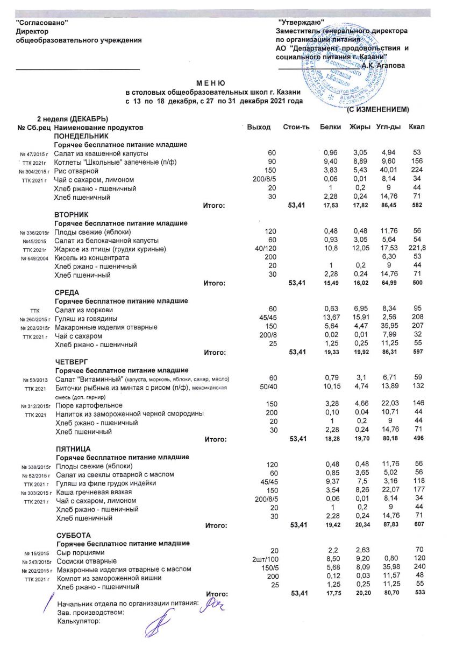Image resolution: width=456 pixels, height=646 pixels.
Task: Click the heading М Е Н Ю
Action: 210,83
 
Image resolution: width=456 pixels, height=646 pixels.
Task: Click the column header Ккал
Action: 417,127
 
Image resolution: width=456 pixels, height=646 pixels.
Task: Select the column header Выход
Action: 258,127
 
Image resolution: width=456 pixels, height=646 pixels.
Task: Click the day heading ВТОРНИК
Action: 71,214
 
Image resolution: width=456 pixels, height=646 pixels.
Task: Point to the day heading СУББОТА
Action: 74,535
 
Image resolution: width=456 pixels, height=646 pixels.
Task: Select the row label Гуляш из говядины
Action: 87,318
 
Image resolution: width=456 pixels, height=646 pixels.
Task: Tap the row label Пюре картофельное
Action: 89,405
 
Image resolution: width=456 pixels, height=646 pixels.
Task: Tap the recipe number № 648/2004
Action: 35,258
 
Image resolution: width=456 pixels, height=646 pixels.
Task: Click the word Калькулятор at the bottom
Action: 79,621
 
